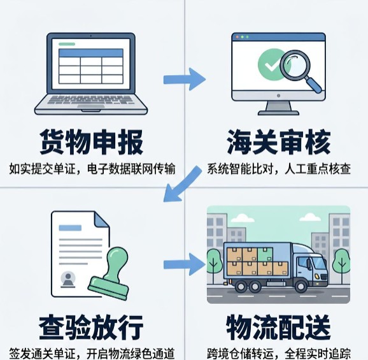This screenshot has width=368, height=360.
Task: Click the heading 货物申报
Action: [x=92, y=142]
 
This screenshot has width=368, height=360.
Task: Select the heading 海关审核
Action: [x=279, y=142]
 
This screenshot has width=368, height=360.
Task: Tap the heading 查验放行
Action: [x=91, y=328]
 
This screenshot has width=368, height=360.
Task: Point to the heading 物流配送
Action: [x=279, y=328]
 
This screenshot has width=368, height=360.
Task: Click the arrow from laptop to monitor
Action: [x=185, y=80]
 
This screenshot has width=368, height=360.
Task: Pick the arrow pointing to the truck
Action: [x=185, y=264]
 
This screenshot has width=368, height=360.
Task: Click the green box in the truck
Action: [x=265, y=255]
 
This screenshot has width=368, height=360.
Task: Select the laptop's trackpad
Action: [x=91, y=106]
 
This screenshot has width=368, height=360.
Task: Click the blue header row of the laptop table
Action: [x=91, y=53]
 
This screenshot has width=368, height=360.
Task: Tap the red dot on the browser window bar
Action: [x=237, y=37]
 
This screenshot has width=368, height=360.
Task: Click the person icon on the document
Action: [x=68, y=280]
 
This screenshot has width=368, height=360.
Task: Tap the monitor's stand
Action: [x=279, y=108]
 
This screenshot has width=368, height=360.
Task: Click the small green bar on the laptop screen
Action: [x=67, y=44]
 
